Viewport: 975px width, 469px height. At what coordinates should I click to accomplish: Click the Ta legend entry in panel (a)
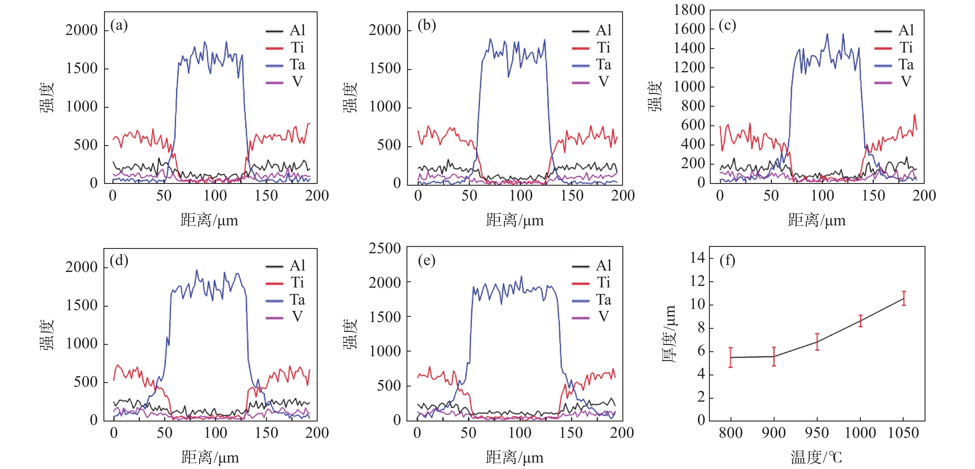286,65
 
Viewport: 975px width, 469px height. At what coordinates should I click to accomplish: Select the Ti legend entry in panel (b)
592,48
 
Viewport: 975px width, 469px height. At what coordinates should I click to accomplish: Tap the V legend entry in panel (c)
894,82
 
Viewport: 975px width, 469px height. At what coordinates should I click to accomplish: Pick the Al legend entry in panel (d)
286,266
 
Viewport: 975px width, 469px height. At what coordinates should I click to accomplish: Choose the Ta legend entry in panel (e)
592,300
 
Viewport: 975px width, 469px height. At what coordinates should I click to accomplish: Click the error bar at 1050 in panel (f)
904,298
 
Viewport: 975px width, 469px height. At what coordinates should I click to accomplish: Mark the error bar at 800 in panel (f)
731,357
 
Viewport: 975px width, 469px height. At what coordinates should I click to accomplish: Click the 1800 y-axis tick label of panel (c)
689,10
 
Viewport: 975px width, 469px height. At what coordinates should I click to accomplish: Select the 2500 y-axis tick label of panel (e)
385,249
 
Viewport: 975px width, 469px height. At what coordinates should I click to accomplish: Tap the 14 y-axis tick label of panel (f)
697,258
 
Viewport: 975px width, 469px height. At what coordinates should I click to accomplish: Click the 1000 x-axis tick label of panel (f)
860,433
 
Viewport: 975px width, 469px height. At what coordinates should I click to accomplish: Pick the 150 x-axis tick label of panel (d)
266,433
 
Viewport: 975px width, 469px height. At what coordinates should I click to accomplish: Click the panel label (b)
427,25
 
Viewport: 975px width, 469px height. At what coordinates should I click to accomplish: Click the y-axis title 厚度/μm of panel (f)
669,334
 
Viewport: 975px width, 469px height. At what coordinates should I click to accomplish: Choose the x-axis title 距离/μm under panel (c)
817,220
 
